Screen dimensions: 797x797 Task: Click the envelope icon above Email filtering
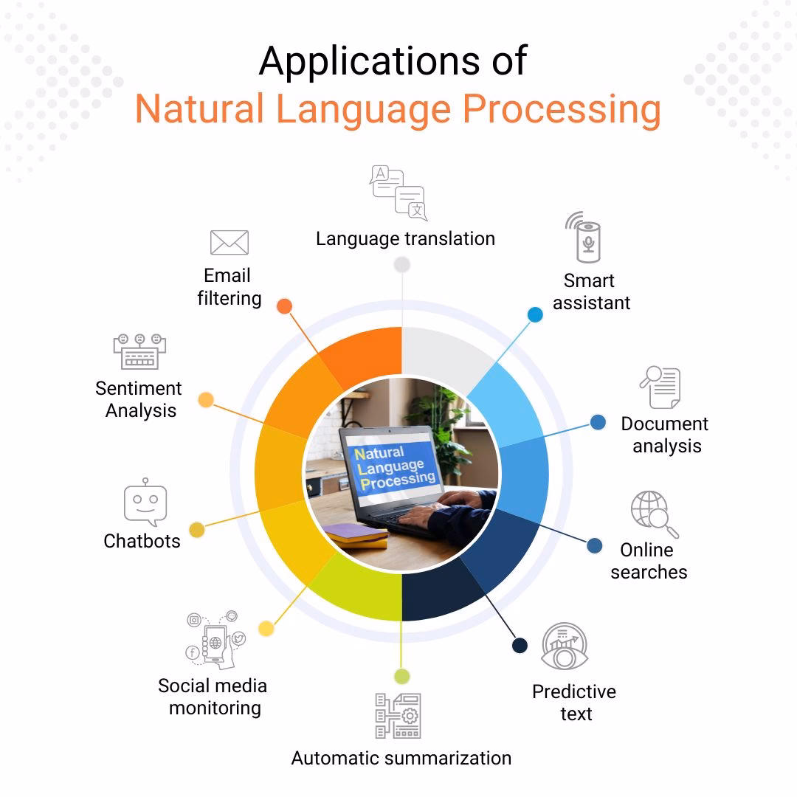(229, 242)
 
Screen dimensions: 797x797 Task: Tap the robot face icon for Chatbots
(145, 504)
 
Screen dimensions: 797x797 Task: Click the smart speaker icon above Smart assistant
(586, 237)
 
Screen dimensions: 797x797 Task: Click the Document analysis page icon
(660, 387)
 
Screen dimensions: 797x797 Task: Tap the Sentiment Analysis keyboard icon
(139, 351)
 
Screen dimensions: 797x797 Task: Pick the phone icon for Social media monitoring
(215, 640)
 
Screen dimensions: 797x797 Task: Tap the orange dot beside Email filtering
(284, 306)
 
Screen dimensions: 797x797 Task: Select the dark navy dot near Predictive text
(520, 646)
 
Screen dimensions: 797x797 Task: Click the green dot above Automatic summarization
(401, 676)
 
